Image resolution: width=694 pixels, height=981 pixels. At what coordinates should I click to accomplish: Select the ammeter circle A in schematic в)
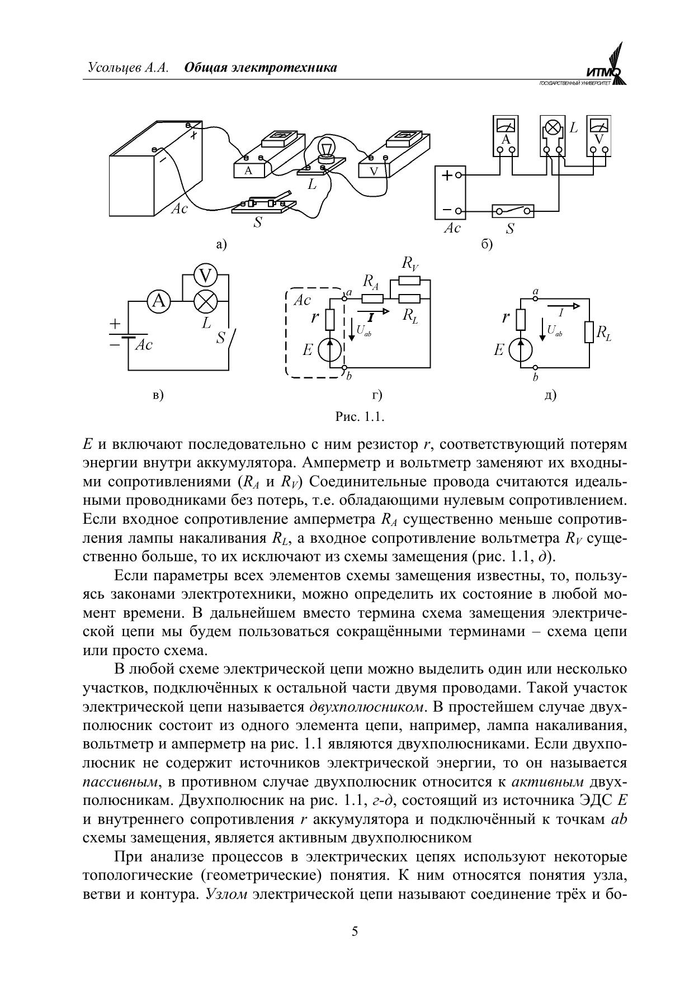158,301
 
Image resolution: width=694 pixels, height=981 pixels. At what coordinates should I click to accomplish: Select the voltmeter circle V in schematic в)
205,276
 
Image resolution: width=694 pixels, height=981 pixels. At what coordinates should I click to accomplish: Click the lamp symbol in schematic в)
205,302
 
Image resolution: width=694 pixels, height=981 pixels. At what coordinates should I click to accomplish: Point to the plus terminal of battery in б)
458,175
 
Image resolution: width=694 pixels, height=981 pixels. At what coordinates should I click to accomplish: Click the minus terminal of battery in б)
458,211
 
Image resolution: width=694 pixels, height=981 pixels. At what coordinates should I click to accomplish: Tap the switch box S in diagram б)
512,211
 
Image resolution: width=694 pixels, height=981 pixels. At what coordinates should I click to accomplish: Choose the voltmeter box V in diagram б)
598,136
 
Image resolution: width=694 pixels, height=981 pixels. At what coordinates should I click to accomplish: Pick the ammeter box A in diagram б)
506,136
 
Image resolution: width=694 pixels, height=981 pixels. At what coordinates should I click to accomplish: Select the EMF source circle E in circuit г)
329,350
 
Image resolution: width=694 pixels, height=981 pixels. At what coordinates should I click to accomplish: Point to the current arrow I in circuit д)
570,306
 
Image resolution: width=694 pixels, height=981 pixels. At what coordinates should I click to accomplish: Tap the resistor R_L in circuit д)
588,332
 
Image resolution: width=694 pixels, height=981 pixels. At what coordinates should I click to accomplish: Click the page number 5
355,931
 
